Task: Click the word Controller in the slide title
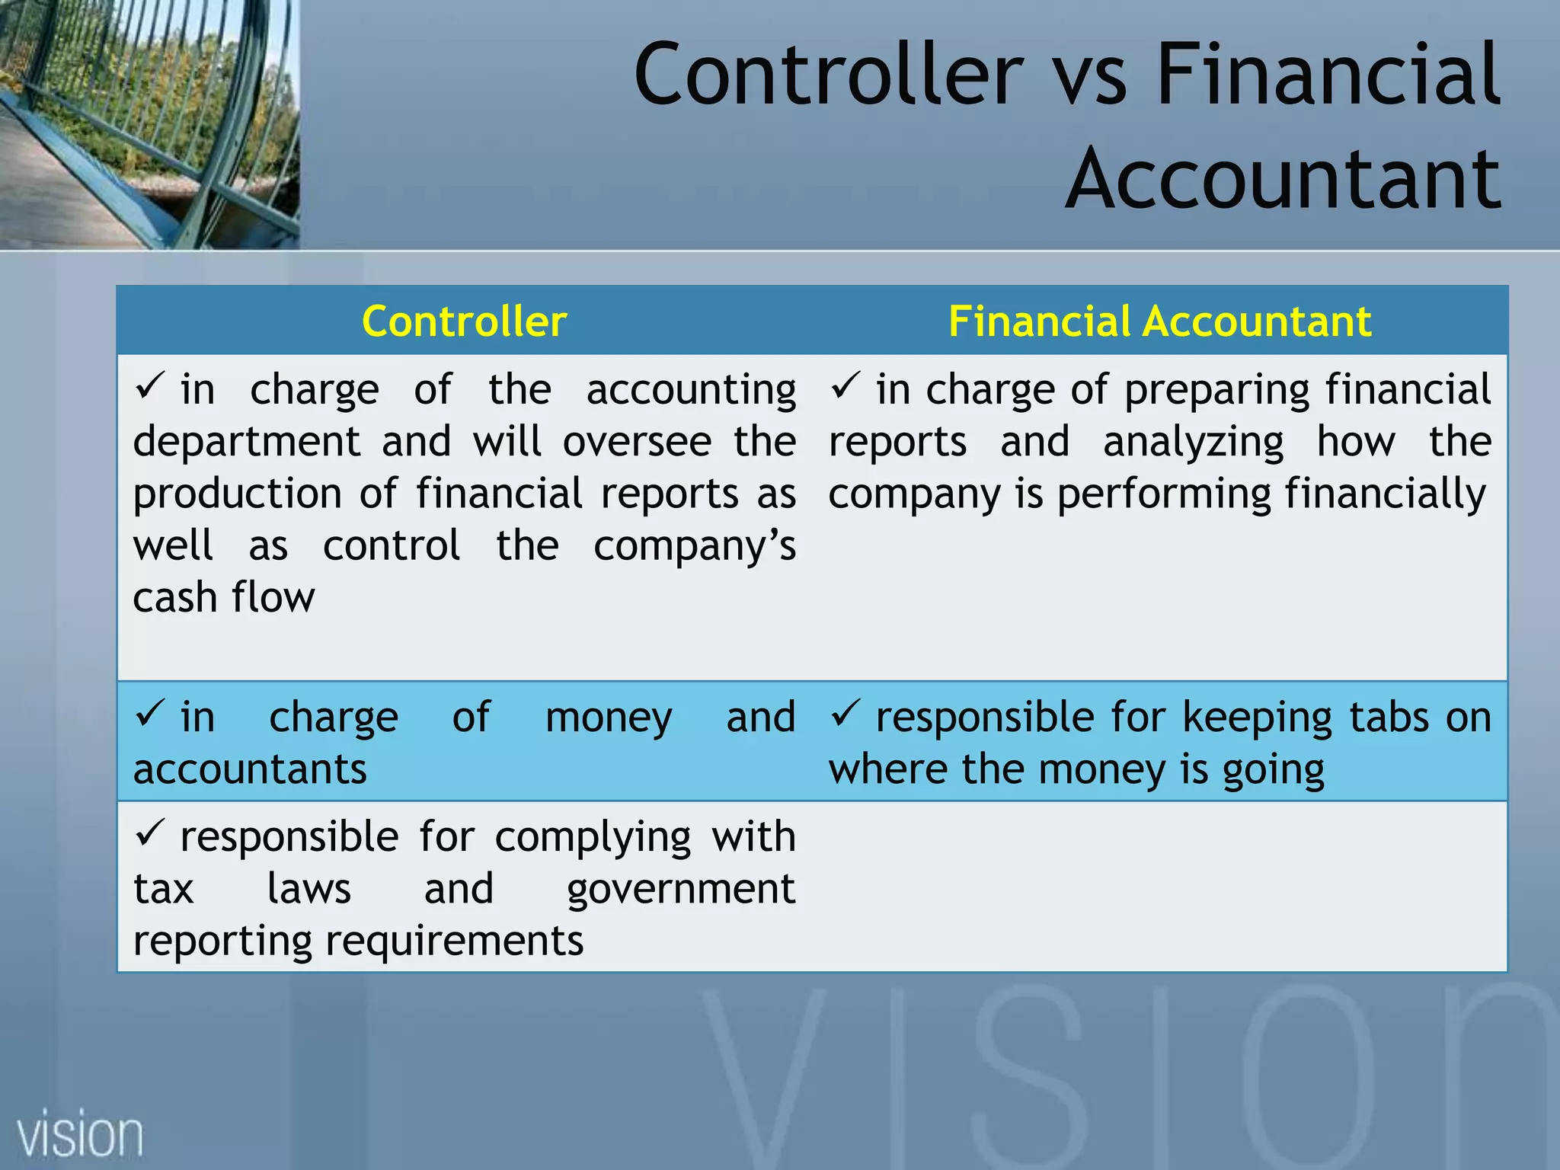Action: click(x=829, y=75)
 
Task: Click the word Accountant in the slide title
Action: click(x=1283, y=180)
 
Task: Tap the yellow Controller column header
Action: click(x=464, y=321)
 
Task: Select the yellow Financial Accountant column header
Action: click(x=1159, y=321)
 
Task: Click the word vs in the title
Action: click(x=1089, y=75)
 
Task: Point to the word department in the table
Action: click(x=247, y=442)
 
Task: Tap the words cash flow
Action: click(x=223, y=597)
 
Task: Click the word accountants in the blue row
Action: click(x=250, y=769)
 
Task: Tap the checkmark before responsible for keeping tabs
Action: click(x=846, y=713)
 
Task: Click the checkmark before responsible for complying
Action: click(x=149, y=833)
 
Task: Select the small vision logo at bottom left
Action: click(x=80, y=1135)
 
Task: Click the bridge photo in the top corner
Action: click(x=149, y=123)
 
